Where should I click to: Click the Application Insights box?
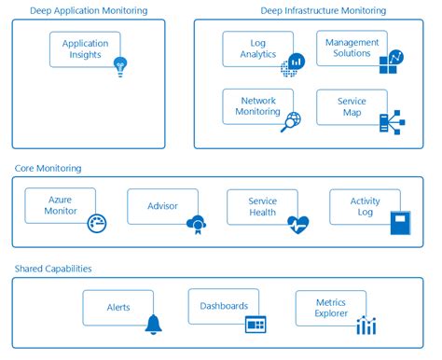tap(84, 48)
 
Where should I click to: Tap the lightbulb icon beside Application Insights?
tap(119, 66)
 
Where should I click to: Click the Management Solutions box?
tap(351, 48)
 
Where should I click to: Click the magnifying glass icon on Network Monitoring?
tap(292, 120)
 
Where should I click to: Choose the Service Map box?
tap(351, 106)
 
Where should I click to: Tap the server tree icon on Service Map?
tap(390, 121)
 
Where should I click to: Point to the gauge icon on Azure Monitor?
tap(96, 224)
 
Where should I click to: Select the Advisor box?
tap(161, 206)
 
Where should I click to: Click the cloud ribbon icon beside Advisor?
tap(198, 224)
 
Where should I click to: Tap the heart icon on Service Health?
tap(297, 224)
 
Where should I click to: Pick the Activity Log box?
tap(364, 206)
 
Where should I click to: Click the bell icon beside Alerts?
tap(154, 325)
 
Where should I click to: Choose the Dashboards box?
tap(223, 306)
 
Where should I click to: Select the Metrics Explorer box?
tap(330, 308)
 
